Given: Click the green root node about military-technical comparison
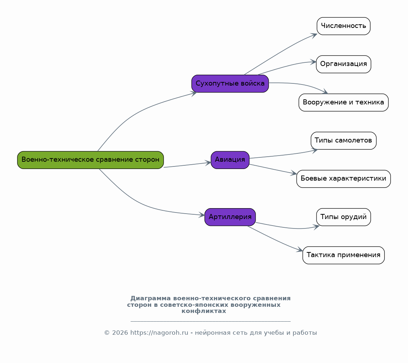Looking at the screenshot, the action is [x=90, y=160].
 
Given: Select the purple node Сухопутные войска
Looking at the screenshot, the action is [x=230, y=83].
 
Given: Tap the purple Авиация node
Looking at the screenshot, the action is [x=230, y=160].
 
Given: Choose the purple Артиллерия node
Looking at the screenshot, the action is [x=230, y=217].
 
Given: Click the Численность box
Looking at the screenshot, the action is [x=343, y=26].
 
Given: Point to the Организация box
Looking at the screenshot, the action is [x=343, y=64].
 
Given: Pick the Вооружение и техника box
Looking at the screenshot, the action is [x=343, y=103].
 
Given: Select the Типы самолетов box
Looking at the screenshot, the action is [x=343, y=141].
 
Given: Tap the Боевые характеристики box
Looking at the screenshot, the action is [x=343, y=179].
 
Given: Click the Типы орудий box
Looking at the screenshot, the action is [x=343, y=217].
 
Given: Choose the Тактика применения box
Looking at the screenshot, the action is [x=343, y=255].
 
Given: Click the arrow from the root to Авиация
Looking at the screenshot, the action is [x=187, y=165].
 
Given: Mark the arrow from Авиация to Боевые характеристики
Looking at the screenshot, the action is [x=273, y=169].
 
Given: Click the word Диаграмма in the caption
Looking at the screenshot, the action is [x=151, y=298].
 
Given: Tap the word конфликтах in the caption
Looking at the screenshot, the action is [x=204, y=311].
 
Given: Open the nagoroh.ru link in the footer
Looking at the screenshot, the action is [x=159, y=333].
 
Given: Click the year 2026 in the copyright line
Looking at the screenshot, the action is [x=120, y=333].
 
